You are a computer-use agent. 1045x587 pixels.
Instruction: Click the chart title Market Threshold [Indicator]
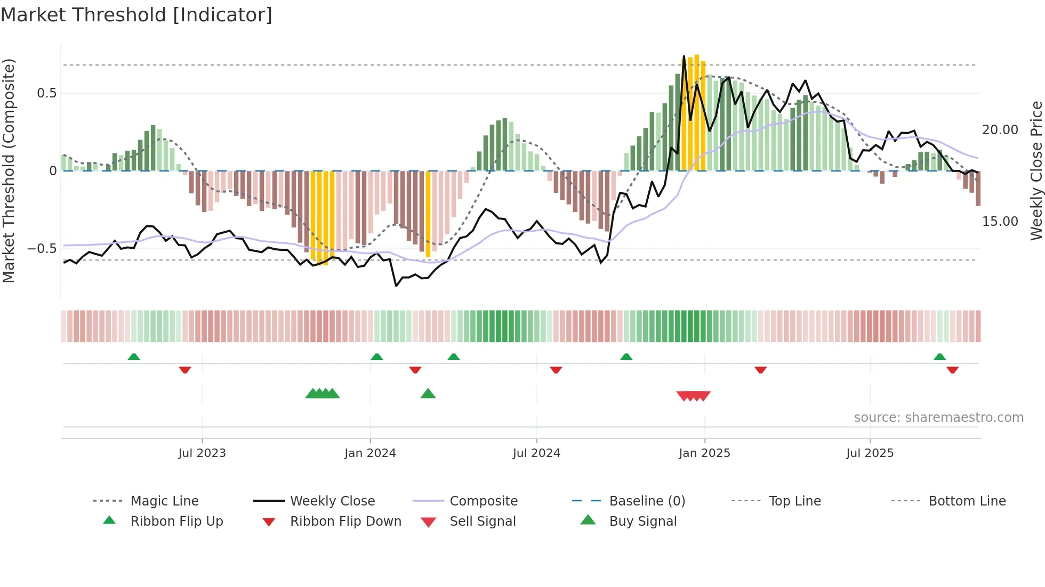coord(136,15)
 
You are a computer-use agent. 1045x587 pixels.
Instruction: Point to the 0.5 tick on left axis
coord(46,93)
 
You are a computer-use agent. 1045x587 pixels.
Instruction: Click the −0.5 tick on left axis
coord(42,249)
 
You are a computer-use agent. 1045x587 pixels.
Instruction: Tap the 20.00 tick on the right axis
coord(1000,130)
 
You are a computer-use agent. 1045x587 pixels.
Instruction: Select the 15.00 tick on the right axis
coord(1000,222)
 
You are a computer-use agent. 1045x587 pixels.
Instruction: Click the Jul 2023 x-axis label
coord(202,453)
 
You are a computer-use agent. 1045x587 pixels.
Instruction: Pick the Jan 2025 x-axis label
coord(704,453)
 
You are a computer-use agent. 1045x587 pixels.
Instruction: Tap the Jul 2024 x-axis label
coord(536,453)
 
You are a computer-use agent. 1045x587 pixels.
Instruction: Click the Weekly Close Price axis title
coord(1036,170)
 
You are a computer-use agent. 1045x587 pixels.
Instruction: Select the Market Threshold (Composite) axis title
coord(9,170)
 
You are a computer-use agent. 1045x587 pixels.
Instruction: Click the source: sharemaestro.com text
coord(938,418)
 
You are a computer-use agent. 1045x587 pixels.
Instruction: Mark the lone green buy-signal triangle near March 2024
coord(428,394)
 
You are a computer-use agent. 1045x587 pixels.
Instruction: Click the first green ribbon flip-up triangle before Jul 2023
coord(134,357)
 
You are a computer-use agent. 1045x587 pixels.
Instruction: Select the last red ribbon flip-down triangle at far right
coord(953,370)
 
